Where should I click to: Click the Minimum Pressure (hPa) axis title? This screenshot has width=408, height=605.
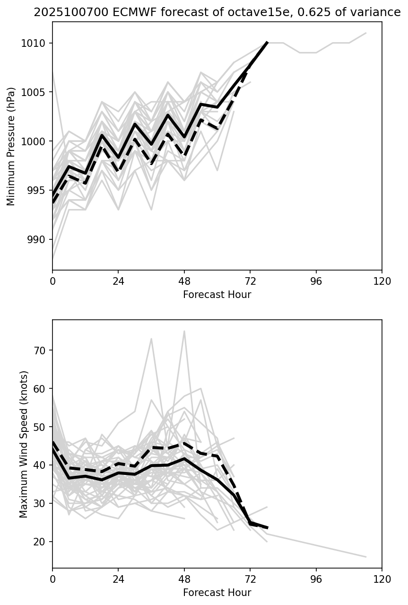click(x=11, y=146)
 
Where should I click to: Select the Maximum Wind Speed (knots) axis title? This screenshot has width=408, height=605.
click(x=24, y=444)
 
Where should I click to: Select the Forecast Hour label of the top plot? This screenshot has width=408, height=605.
click(x=217, y=295)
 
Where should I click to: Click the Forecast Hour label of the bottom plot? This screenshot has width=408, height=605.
click(x=217, y=593)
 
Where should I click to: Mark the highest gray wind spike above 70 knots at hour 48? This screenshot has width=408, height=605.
click(x=184, y=331)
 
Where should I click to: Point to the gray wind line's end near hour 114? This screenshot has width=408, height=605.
click(x=365, y=557)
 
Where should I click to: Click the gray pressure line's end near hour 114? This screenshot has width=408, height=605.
click(x=365, y=33)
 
